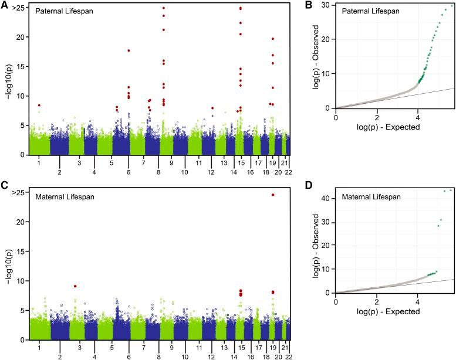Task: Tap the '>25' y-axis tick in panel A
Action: point(18,8)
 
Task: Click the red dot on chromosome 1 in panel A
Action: point(39,105)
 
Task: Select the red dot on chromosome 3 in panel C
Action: point(75,286)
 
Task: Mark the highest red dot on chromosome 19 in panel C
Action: point(273,195)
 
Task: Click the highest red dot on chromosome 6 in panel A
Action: point(129,50)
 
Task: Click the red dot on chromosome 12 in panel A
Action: point(212,108)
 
